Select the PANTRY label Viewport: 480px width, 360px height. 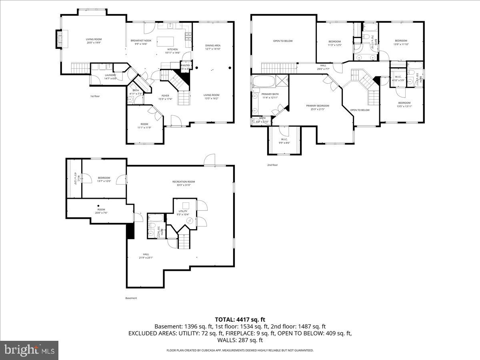coord(186,65)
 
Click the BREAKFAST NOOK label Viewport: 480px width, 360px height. coord(141,41)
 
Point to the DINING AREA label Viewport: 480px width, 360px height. coord(213,46)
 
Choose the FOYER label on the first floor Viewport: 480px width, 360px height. coord(166,96)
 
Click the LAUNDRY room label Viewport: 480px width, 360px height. coord(110,75)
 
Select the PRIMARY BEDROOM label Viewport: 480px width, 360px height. coord(318,106)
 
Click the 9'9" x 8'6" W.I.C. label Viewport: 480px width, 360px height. coord(284,139)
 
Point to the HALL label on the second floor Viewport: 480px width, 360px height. coord(323,66)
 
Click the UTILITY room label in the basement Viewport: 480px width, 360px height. coord(183,211)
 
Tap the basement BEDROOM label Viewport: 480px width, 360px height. coord(104,178)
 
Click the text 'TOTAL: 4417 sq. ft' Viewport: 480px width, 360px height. coord(240,319)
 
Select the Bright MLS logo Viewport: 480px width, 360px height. coord(29,350)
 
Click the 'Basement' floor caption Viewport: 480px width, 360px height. coord(131,298)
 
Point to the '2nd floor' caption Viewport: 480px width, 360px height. coord(272,165)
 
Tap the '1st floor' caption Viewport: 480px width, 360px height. coord(94,96)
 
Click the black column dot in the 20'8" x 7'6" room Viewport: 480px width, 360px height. coord(98,206)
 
